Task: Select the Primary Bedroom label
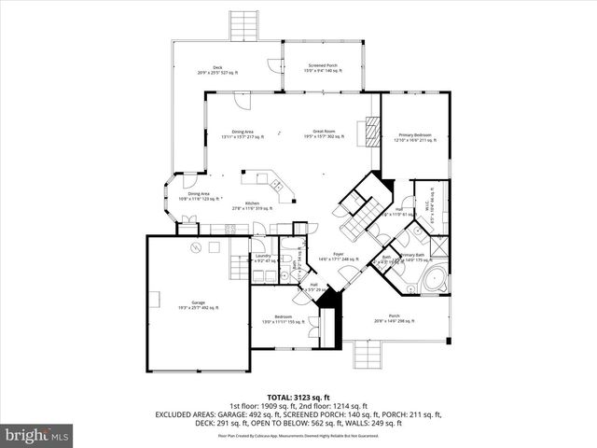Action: pos(411,137)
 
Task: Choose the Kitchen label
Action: pos(251,205)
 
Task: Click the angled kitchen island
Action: pos(265,179)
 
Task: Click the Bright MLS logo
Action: pos(37,434)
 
